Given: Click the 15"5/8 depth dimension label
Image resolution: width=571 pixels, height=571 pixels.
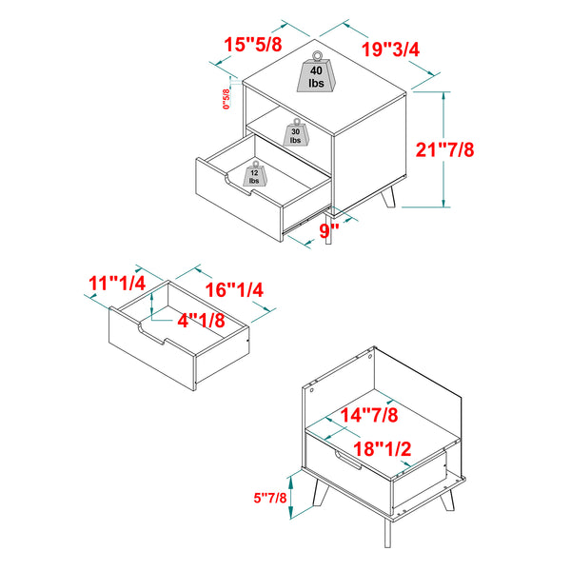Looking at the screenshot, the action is coord(253,45).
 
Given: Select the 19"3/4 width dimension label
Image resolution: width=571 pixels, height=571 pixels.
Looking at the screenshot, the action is coord(390,49).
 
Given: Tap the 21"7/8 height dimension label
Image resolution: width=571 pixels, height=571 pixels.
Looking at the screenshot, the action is coord(444,149).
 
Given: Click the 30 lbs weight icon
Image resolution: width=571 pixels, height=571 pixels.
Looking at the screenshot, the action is coord(296,132).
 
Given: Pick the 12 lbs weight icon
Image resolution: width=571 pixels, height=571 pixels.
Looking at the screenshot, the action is coord(254,174).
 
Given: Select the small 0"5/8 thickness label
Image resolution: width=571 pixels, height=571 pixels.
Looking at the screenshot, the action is coord(226,99).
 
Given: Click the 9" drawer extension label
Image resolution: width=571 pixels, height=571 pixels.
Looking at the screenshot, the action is coord(329,230).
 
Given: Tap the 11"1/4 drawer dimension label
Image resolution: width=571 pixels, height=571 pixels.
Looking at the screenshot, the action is coord(117,283).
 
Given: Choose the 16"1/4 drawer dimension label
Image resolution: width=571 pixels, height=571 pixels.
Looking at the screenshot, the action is coord(234,290).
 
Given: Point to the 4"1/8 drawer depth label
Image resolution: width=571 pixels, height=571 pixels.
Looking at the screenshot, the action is coord(201,321).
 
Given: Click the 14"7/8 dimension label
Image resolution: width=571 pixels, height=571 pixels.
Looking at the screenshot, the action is coord(369,415).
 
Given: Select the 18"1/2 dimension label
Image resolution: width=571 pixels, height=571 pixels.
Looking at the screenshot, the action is coord(382,448).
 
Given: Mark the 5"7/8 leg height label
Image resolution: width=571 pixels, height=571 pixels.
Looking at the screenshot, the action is coord(270,498).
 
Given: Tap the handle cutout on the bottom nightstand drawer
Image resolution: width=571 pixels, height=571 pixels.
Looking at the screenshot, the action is coord(347,460).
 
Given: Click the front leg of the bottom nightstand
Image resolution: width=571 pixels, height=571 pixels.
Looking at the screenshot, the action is coord(388,533).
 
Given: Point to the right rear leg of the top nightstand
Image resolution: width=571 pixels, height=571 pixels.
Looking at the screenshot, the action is coord(388,197).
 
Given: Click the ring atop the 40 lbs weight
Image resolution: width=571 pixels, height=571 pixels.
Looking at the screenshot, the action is coord(317,56).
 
